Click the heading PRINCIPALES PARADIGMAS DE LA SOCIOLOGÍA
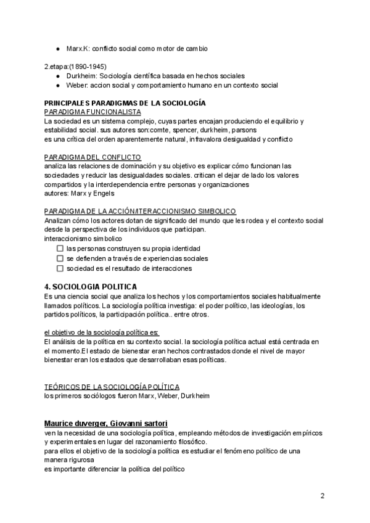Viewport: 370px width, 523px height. (x=125, y=103)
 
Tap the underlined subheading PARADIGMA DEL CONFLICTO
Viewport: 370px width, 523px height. (x=93, y=157)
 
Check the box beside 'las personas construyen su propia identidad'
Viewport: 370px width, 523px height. (x=60, y=249)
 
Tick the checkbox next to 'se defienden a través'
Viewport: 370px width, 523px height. (x=60, y=258)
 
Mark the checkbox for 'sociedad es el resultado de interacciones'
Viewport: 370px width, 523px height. (x=60, y=268)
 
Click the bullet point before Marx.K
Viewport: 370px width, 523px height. (x=57, y=48)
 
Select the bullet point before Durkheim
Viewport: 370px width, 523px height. (x=57, y=76)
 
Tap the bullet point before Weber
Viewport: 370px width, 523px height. (x=57, y=85)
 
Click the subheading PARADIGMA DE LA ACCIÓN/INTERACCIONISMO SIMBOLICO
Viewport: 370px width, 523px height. (x=141, y=211)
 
